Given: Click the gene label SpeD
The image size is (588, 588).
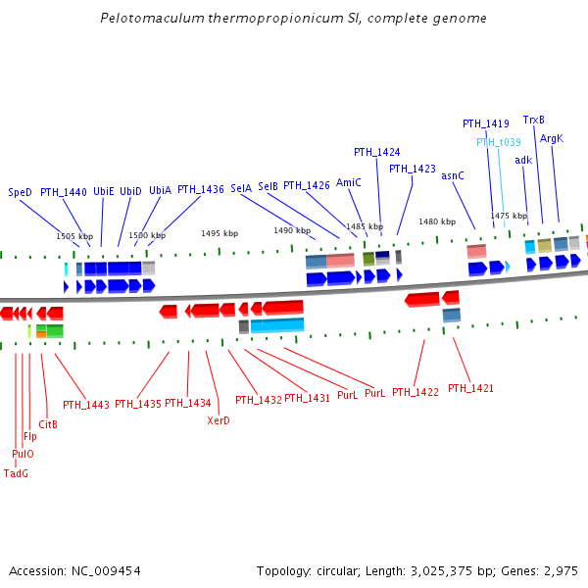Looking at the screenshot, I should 21,192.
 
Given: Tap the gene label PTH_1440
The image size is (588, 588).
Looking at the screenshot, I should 64,192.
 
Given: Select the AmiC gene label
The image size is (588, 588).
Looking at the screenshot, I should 349,182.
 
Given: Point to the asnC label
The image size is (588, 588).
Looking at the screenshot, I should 453,175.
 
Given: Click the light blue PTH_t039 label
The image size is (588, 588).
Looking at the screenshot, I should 499,142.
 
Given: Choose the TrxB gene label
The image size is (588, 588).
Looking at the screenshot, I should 534,120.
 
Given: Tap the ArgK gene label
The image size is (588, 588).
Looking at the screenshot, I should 552,138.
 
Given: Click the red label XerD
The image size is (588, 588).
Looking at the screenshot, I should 219,420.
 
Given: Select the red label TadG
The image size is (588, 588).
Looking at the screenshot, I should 17,473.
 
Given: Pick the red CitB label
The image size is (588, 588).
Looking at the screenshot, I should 48,424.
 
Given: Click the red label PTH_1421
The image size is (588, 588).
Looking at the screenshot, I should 470,389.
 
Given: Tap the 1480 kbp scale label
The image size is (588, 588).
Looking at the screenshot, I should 437,221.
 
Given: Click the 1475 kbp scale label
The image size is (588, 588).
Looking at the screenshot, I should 509,216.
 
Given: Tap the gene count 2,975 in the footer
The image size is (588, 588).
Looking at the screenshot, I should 562,570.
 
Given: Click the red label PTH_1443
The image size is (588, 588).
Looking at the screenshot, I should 86,404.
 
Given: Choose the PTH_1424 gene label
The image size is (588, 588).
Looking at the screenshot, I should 377,152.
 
